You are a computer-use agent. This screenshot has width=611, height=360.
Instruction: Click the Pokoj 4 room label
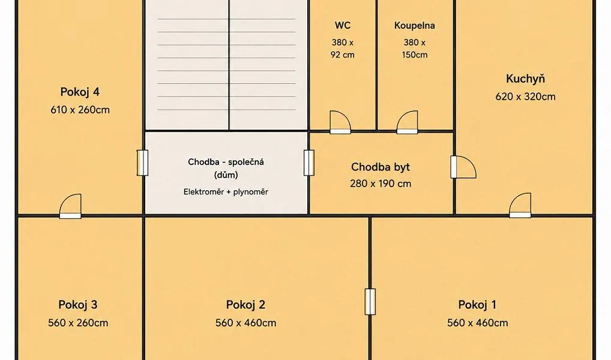point(80,92)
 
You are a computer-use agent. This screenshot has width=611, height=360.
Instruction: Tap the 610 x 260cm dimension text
point(80,110)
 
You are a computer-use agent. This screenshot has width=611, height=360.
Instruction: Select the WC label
point(343,25)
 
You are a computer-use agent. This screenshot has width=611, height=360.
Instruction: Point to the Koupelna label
point(415,26)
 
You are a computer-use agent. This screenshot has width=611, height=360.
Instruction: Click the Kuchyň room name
point(525,79)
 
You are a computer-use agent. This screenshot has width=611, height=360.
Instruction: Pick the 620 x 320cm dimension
point(525,97)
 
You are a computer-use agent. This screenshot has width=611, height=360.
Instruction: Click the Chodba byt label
point(381,167)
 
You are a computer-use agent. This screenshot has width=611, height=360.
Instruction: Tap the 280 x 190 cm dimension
point(381,184)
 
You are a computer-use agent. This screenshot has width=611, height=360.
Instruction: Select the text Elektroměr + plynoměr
point(226,191)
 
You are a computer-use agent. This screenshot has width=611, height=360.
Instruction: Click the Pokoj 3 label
point(78,305)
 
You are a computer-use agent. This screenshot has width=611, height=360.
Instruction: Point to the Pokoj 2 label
point(245,305)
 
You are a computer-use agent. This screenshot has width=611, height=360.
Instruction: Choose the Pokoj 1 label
point(477,305)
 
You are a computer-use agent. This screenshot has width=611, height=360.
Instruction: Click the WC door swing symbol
point(340,122)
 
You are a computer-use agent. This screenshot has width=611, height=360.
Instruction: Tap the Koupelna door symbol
point(407,122)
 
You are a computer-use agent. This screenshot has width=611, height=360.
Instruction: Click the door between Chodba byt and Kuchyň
point(463,167)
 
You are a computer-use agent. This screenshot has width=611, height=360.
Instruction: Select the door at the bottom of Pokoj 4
point(71,206)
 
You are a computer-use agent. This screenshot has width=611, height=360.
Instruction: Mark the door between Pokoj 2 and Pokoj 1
point(370,302)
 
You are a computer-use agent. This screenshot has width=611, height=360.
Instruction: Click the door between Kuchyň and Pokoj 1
point(520,205)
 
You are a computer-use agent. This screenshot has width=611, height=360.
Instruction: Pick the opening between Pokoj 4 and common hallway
point(142,163)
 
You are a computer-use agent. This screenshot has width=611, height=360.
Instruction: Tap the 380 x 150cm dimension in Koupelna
point(415,49)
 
